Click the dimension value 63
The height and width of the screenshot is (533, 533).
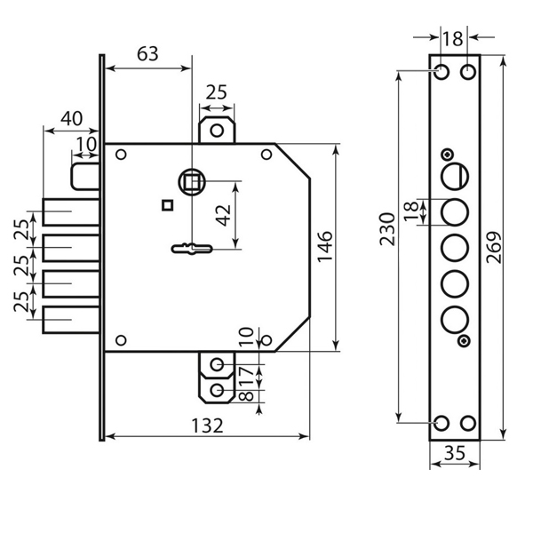tap(147, 54)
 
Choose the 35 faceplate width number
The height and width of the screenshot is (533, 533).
tap(455, 452)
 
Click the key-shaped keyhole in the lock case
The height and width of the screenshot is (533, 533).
tap(189, 249)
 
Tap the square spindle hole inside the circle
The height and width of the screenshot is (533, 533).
tap(189, 181)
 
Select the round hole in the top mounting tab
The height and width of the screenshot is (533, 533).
tap(217, 131)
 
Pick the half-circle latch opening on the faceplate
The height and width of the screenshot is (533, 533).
tap(454, 174)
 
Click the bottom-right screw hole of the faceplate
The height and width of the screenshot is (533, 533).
tap(468, 424)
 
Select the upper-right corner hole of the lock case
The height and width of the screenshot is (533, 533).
tap(265, 156)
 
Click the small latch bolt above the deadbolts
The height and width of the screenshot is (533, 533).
tap(85, 174)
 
